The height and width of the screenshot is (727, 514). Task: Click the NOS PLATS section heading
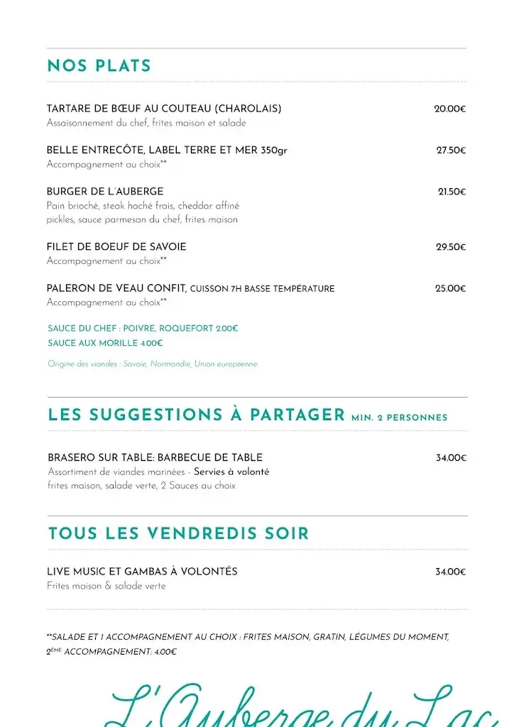point(99,66)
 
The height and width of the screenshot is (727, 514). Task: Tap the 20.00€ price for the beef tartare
point(450,109)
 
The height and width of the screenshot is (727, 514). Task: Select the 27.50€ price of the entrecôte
point(451,151)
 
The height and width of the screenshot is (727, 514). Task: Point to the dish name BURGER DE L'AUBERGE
point(105,192)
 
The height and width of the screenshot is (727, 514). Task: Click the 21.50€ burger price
point(452,192)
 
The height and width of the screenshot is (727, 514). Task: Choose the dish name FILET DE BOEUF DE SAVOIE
point(116,247)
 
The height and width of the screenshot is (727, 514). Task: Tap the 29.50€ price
point(451,247)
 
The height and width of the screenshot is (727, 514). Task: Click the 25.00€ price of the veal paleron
point(450,288)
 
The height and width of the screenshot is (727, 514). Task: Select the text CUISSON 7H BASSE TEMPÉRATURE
point(263,289)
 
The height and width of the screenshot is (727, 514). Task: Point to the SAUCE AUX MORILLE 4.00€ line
point(105,343)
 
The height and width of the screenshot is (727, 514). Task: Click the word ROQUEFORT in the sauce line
point(186,329)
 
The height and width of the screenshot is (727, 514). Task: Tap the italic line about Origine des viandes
point(153,364)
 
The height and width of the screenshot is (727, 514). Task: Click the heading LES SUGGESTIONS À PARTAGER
point(196,415)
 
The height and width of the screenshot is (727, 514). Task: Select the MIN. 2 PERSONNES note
point(399,417)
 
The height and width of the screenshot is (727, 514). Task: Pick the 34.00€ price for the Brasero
point(451,458)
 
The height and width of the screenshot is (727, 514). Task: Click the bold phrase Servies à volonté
point(231,472)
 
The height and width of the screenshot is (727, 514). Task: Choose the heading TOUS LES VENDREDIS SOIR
point(178,534)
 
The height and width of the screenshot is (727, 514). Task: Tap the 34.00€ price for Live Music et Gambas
point(451,572)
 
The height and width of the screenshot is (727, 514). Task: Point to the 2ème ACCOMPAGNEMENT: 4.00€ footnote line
point(111,652)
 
